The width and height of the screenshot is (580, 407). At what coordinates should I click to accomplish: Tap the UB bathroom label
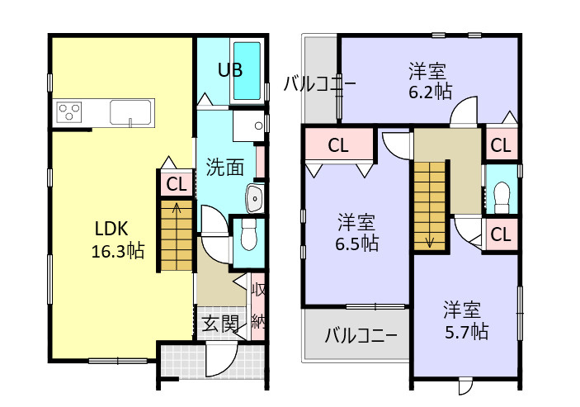(x=229, y=69)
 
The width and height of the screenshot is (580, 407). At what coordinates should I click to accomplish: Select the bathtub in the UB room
(x=248, y=71)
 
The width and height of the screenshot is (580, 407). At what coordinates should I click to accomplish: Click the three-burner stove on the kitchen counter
(x=68, y=111)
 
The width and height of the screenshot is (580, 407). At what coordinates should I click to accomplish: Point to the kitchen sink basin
(x=130, y=111)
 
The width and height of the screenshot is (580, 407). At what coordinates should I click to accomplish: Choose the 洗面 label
(x=224, y=167)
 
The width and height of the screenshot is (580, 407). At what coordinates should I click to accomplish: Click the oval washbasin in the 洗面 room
(x=254, y=198)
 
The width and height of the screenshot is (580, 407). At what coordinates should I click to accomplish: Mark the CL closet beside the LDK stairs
(x=176, y=184)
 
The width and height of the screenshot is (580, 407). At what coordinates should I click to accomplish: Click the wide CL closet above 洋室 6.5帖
(x=338, y=145)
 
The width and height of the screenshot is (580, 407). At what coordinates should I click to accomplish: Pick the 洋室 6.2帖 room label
(x=430, y=81)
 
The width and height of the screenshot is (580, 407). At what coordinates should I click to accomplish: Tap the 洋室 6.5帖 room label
(x=357, y=232)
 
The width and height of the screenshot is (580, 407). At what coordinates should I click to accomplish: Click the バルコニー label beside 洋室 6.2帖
(x=320, y=83)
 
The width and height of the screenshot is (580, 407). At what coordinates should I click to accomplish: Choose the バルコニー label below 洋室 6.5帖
(x=361, y=336)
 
